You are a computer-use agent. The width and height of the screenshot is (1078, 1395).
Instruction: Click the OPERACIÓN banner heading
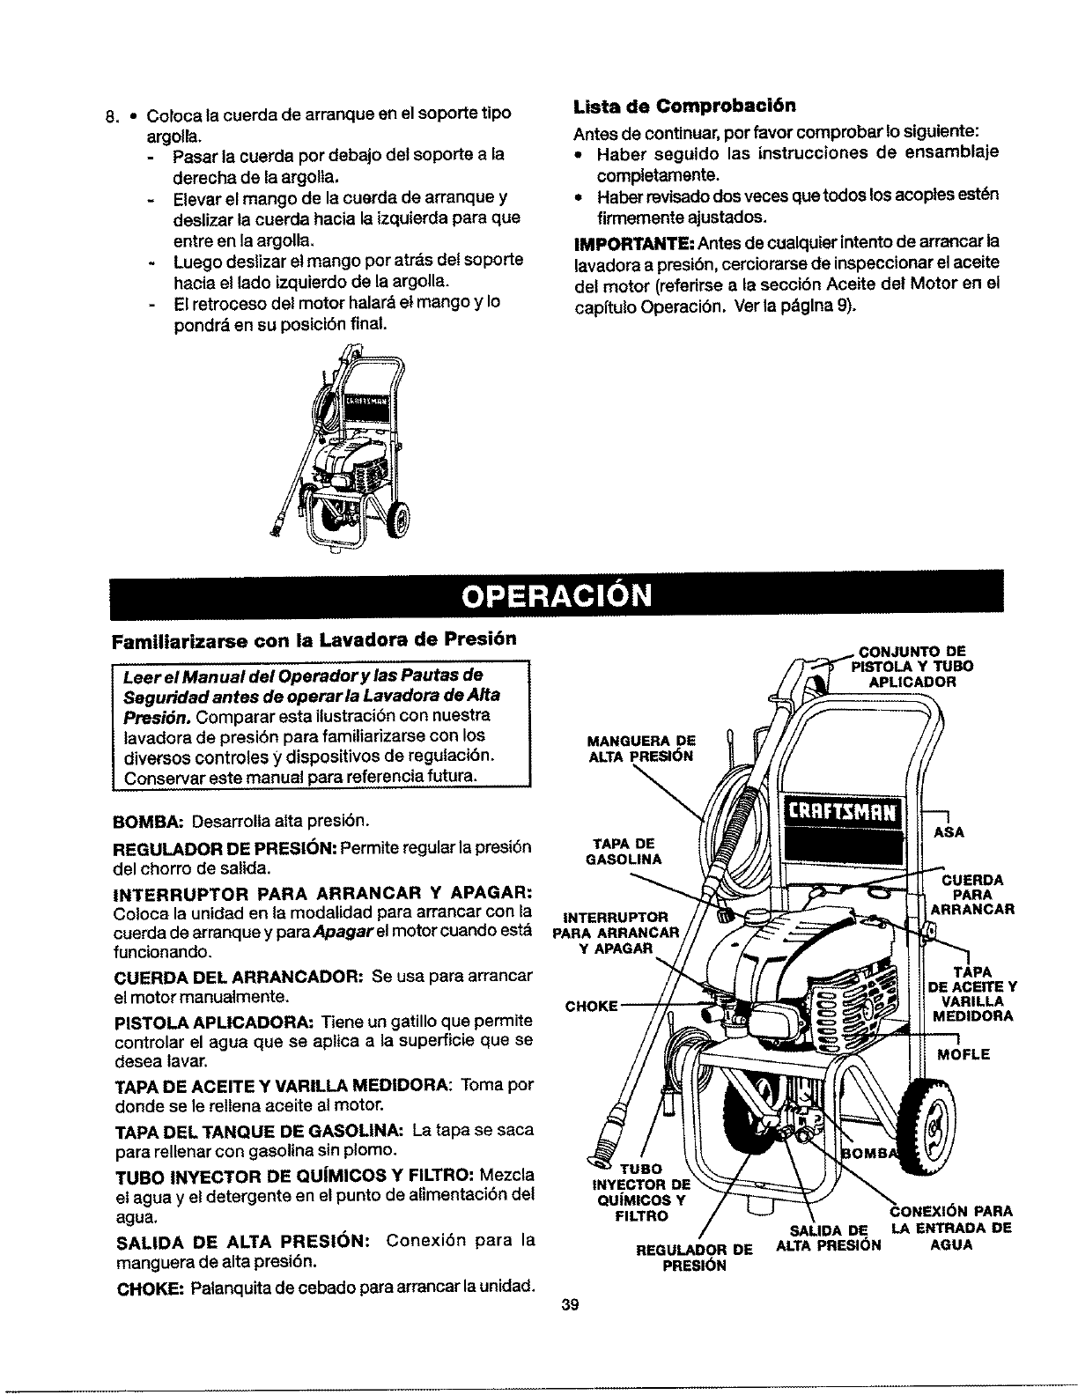[x=557, y=595]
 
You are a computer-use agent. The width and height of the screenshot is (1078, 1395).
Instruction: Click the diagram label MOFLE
[x=964, y=1054]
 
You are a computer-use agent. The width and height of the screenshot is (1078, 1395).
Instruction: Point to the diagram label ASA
[x=954, y=831]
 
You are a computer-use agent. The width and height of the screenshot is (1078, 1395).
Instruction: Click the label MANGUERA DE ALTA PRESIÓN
[x=640, y=748]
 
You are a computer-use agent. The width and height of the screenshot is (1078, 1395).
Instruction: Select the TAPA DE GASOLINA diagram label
[x=624, y=851]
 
